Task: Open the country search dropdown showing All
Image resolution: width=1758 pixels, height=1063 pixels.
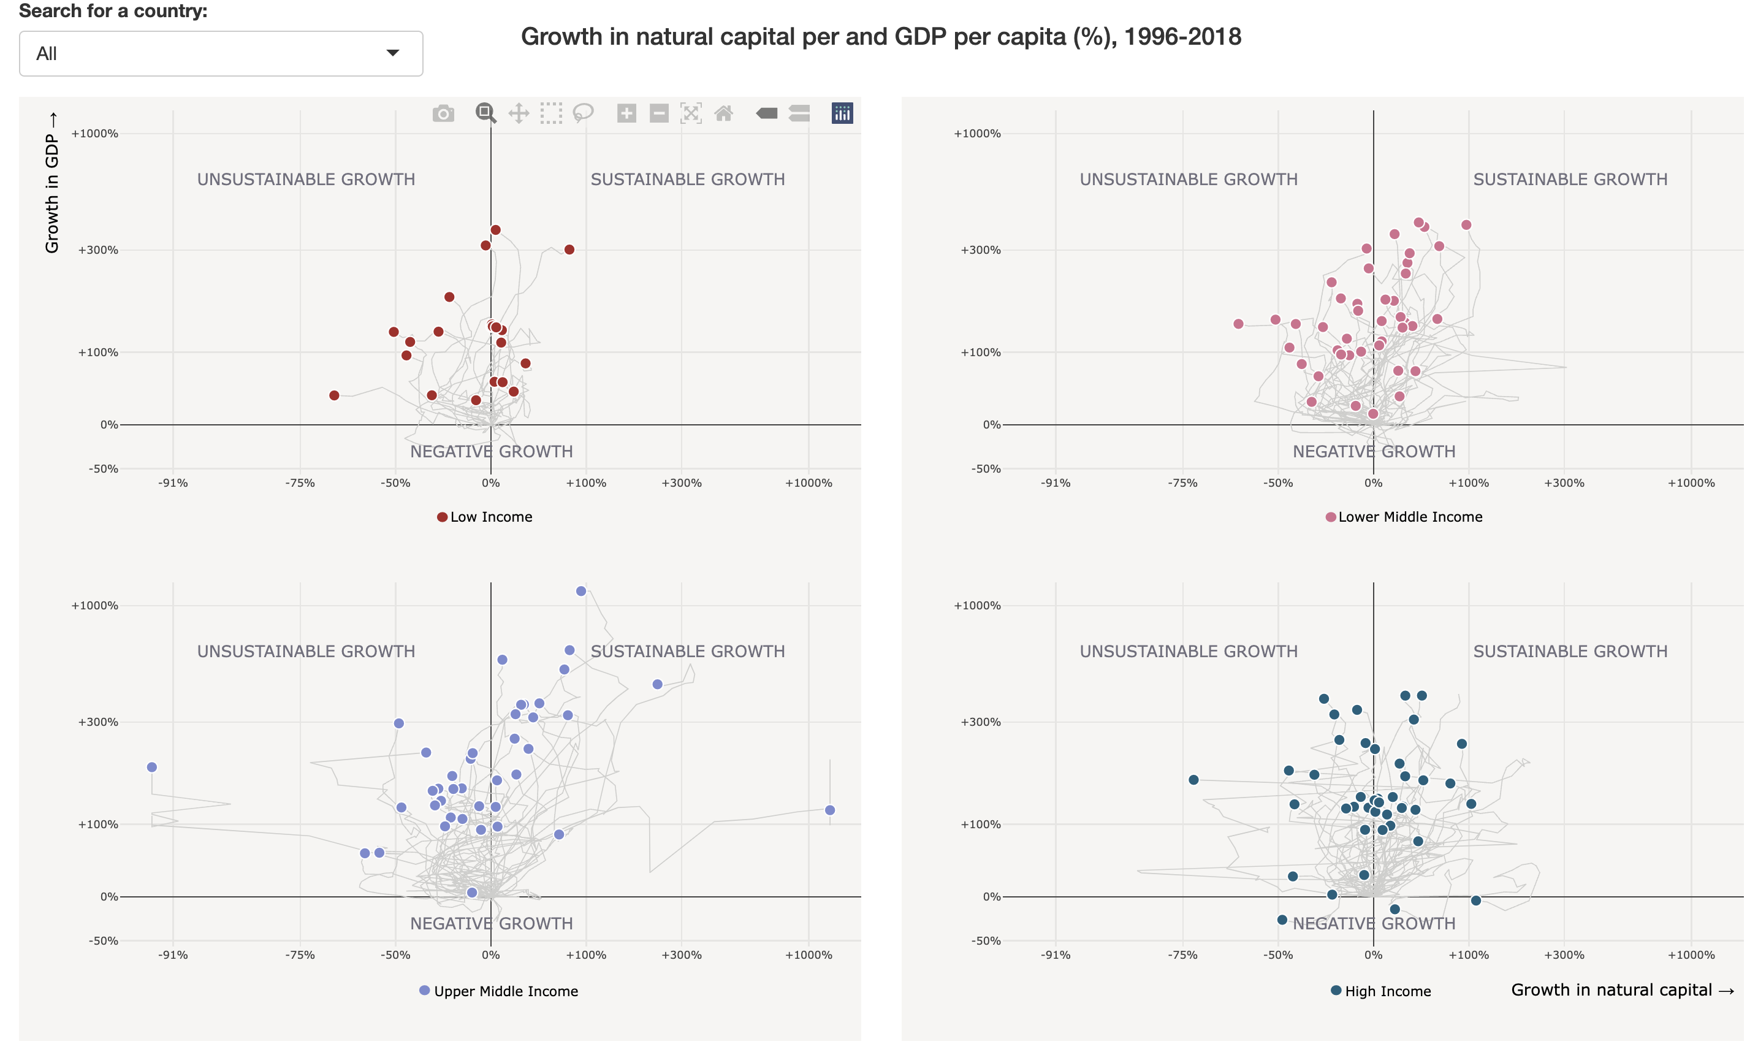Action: pos(221,53)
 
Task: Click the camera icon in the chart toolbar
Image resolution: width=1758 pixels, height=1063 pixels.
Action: pos(443,113)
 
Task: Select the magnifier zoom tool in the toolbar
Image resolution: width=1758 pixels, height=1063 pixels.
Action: pos(485,113)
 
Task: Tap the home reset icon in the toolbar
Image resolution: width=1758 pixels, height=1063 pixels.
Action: pos(723,113)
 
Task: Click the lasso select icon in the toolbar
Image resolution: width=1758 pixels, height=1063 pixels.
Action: pos(583,113)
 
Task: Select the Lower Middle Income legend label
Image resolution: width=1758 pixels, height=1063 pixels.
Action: pos(1410,517)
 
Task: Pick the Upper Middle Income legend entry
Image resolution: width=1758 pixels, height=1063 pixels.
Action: pos(505,991)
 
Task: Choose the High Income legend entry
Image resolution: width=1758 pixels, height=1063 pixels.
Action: pos(1387,991)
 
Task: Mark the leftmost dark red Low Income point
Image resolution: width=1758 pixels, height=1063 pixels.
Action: pos(334,395)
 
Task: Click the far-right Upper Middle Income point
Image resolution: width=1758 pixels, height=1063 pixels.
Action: pos(830,810)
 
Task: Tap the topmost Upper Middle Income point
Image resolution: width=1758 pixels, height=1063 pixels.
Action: pos(580,591)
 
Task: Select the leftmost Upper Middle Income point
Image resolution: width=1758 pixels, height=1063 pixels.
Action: pos(152,767)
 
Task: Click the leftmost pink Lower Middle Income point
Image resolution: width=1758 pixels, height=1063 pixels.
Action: pos(1239,324)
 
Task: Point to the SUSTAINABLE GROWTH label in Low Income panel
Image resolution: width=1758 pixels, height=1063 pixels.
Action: pos(687,180)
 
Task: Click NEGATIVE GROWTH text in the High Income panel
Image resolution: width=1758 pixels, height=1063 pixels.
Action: pos(1374,923)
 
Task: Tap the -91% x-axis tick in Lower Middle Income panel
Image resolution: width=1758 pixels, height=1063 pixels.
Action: pos(1055,483)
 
